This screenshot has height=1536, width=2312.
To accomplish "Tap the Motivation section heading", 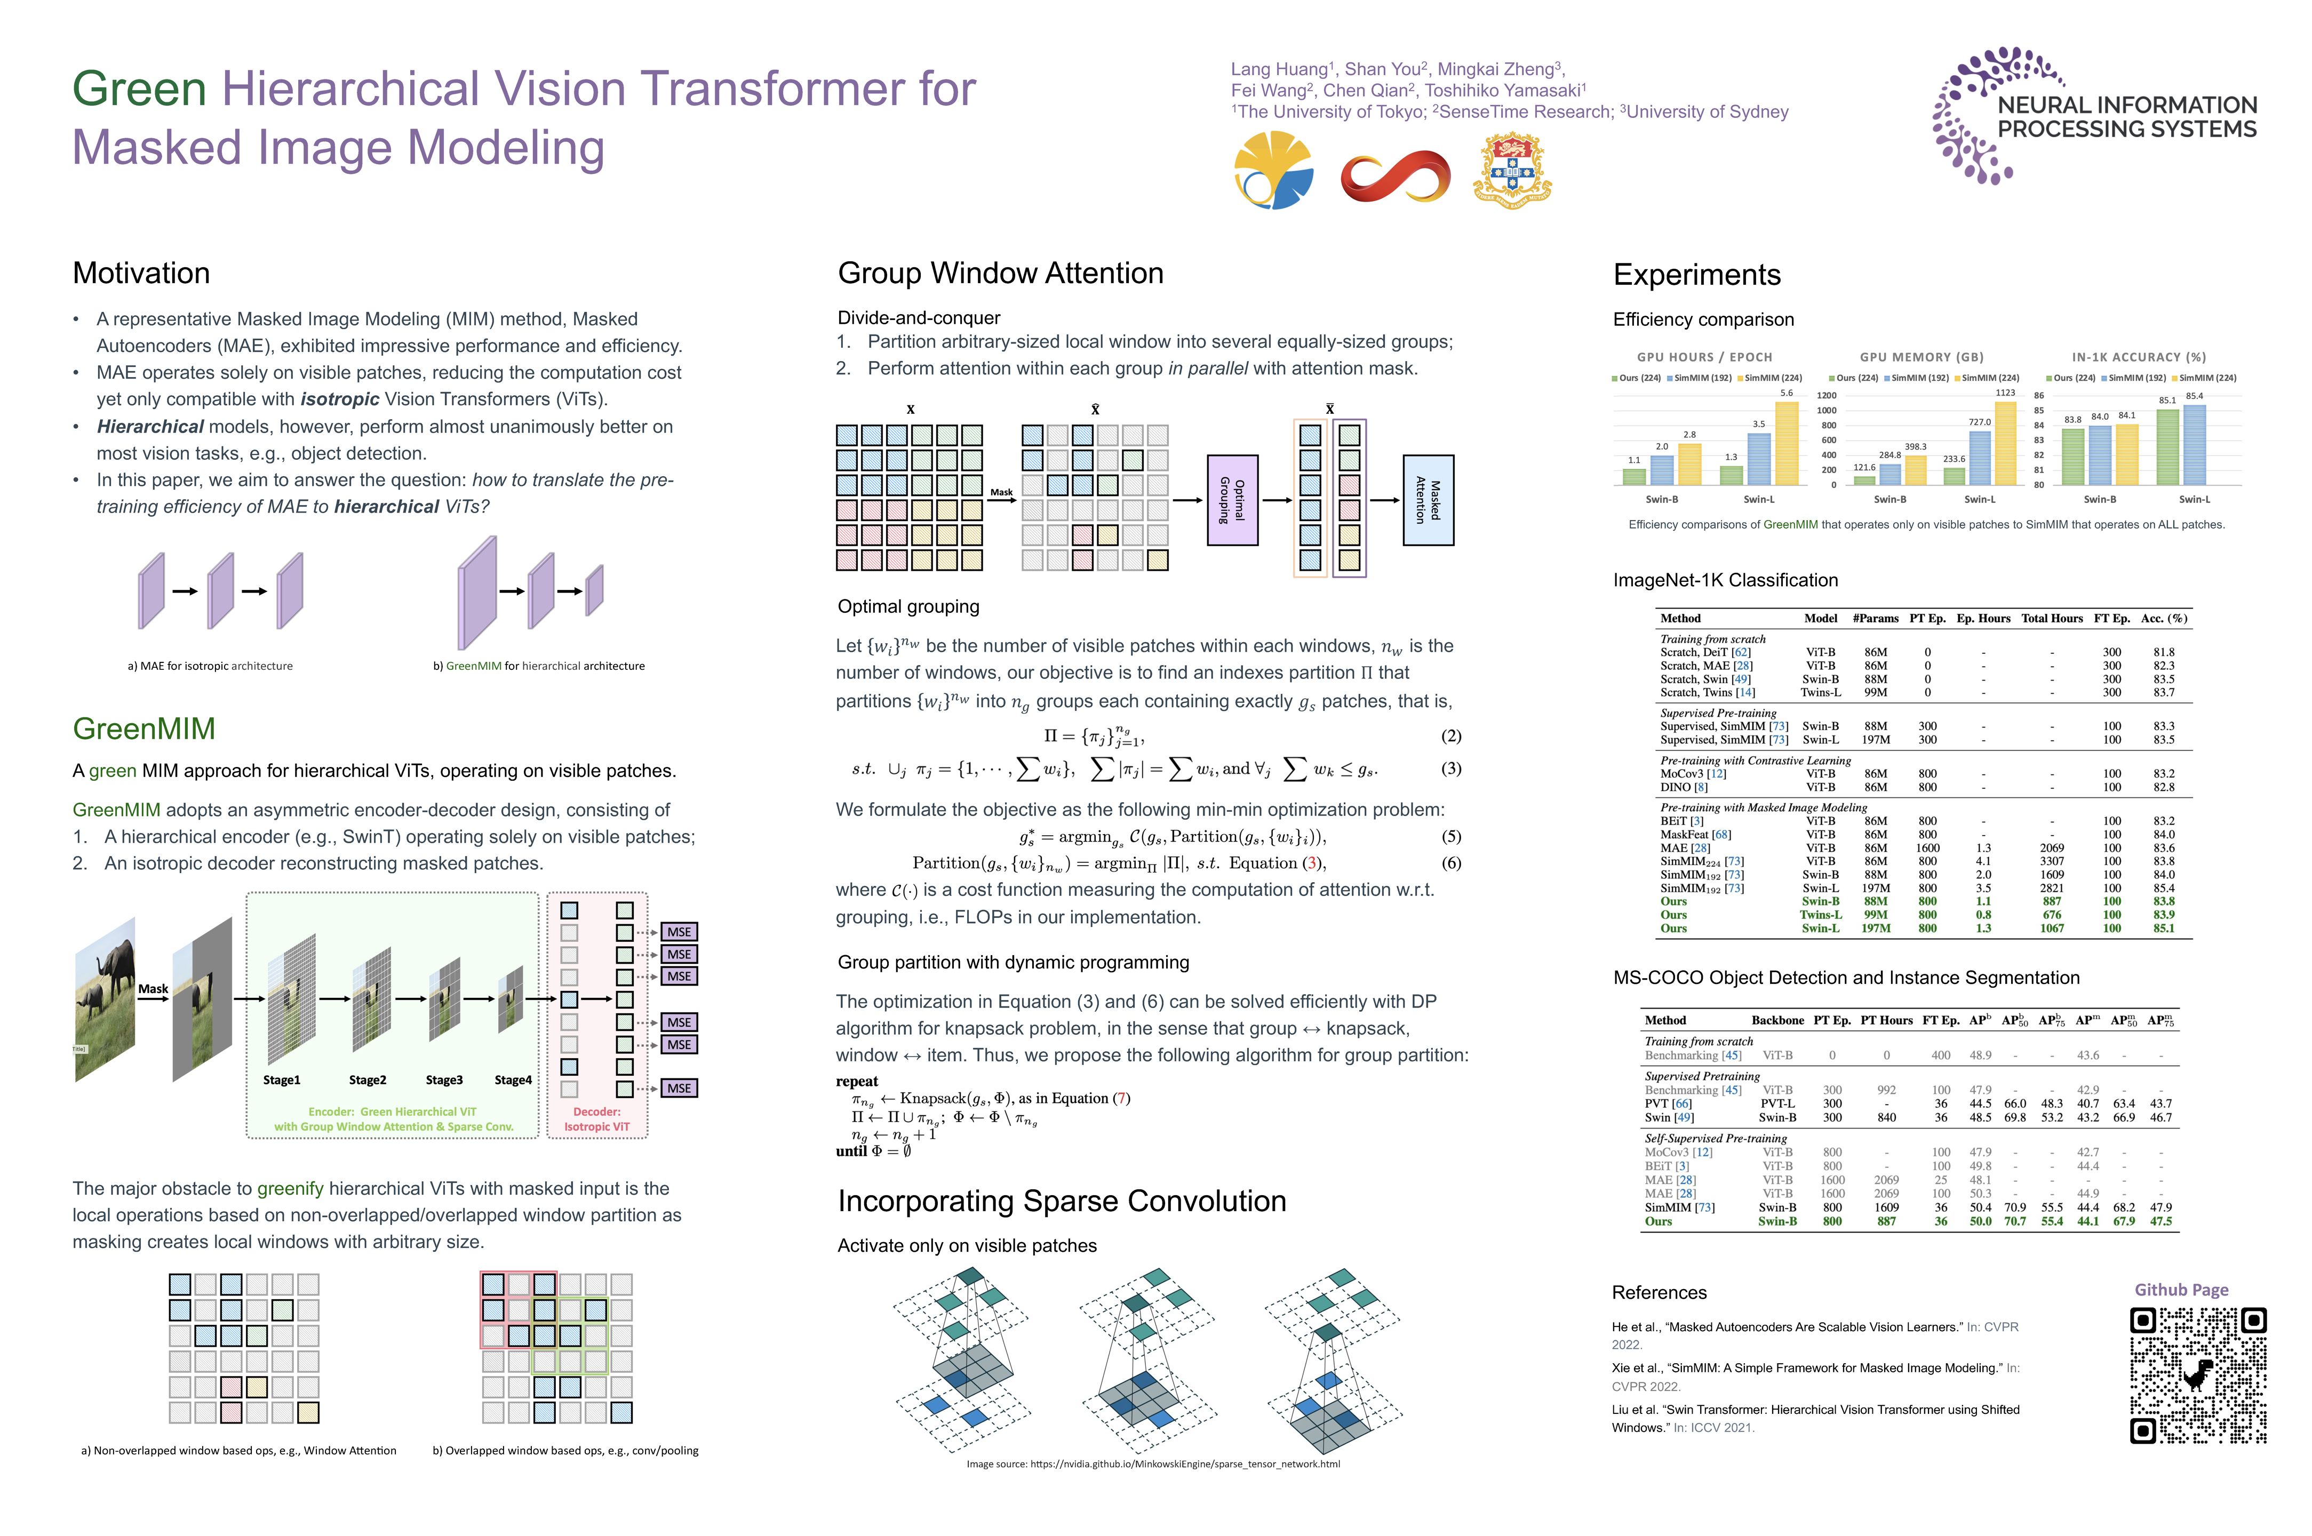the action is [141, 273].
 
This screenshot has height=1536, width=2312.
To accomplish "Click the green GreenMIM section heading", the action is [144, 729].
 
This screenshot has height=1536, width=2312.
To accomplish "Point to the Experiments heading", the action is [1697, 275].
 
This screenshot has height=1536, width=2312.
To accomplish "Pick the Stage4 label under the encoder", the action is [513, 1079].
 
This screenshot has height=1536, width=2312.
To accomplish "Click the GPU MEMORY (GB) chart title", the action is [1921, 357].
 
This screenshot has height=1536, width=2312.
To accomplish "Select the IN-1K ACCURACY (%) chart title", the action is [2139, 357].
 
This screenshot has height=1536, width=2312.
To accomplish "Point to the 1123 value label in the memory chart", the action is [2005, 393].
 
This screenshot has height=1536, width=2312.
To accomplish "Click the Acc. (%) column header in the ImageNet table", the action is [2164, 618].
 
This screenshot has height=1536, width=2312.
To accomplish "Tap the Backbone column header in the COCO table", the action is [1777, 1020].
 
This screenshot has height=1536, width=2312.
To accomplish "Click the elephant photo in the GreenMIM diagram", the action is [106, 998].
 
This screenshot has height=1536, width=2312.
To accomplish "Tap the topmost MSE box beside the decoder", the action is [679, 932].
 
